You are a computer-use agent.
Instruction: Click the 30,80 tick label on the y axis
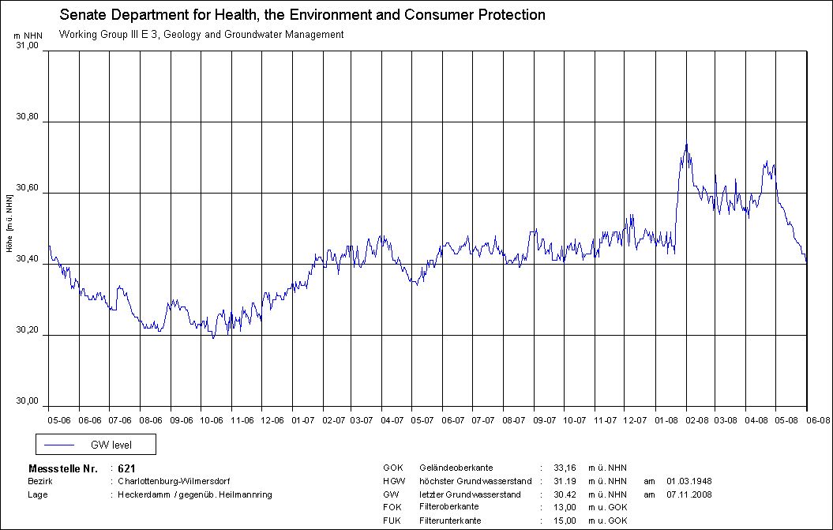(28, 117)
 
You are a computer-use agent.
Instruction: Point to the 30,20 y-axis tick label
(28, 330)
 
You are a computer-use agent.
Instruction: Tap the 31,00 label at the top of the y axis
(28, 46)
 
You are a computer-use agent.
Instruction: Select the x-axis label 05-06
(59, 420)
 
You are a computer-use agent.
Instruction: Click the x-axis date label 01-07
(303, 420)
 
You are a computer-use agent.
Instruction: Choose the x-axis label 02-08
(697, 420)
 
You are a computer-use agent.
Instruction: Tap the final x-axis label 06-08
(819, 420)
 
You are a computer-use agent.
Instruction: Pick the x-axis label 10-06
(212, 420)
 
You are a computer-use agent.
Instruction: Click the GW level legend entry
(96, 445)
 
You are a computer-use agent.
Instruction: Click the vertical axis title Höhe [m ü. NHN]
(9, 224)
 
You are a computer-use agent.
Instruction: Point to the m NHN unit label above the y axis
(28, 36)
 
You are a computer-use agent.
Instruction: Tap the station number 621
(126, 468)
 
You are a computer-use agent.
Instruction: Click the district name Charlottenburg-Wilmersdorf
(174, 481)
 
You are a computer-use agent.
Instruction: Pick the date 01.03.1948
(689, 481)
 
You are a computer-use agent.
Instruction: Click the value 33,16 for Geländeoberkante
(565, 468)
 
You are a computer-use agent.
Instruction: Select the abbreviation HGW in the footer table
(394, 481)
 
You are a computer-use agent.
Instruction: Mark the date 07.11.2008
(689, 494)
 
